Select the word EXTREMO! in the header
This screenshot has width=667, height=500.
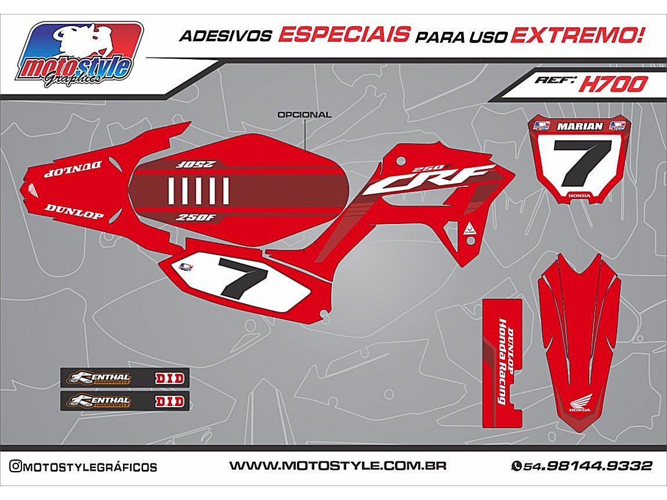click(577, 35)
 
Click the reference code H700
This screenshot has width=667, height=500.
click(612, 85)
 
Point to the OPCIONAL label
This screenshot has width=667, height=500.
click(304, 114)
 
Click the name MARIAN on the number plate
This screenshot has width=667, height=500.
click(580, 126)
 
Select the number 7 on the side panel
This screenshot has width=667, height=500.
click(242, 277)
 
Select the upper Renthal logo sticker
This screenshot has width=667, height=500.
click(99, 379)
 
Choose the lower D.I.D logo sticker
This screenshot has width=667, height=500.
click(169, 401)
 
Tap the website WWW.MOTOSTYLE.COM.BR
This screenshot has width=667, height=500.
click(338, 466)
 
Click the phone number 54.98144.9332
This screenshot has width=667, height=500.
click(587, 466)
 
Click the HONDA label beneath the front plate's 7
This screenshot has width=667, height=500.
click(580, 195)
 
